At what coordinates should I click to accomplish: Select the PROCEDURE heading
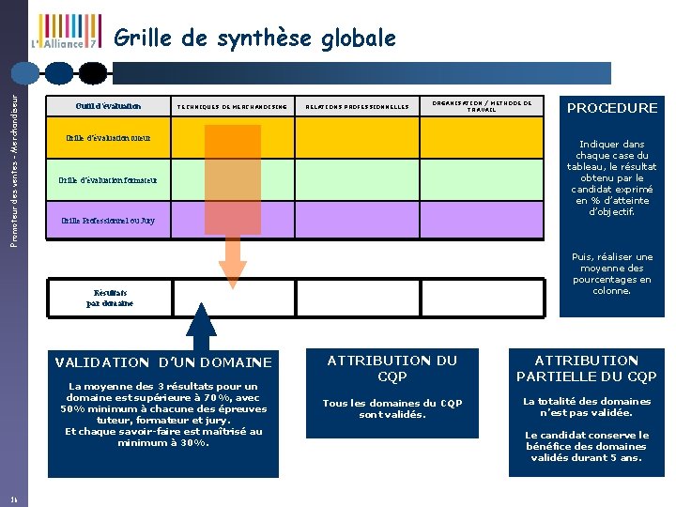(611, 108)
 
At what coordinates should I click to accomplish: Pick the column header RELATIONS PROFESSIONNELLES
(358, 107)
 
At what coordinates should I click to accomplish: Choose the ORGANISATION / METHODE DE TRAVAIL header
(482, 105)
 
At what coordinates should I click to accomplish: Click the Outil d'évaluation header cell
(109, 106)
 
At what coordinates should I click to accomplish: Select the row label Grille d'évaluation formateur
(107, 179)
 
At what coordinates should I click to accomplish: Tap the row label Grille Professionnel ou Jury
(108, 221)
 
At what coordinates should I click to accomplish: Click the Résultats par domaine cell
(110, 298)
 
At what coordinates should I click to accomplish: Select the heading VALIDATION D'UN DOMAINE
(163, 361)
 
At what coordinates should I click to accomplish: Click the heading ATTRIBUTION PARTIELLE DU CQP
(586, 368)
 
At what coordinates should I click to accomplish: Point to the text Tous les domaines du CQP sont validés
(392, 408)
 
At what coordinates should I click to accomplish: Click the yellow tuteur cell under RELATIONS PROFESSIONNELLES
(358, 137)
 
